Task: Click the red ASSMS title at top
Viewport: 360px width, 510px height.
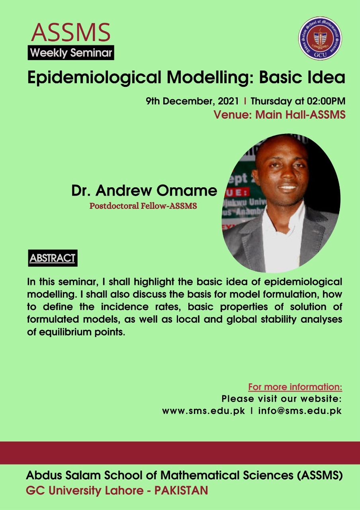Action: click(71, 32)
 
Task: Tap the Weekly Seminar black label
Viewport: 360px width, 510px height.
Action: click(71, 53)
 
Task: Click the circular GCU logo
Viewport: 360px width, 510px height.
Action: click(320, 38)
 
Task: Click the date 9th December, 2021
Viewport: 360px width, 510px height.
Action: click(192, 101)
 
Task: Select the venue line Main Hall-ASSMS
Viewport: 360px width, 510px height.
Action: click(300, 114)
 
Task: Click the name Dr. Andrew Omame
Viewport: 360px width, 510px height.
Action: click(144, 190)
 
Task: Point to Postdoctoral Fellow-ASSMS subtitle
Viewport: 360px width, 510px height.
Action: click(143, 206)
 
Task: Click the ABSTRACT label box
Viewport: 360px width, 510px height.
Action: click(53, 258)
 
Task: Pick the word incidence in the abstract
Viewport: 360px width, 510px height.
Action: click(125, 307)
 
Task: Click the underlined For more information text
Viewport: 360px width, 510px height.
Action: click(295, 387)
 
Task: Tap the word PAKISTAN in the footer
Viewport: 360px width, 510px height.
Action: click(181, 490)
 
